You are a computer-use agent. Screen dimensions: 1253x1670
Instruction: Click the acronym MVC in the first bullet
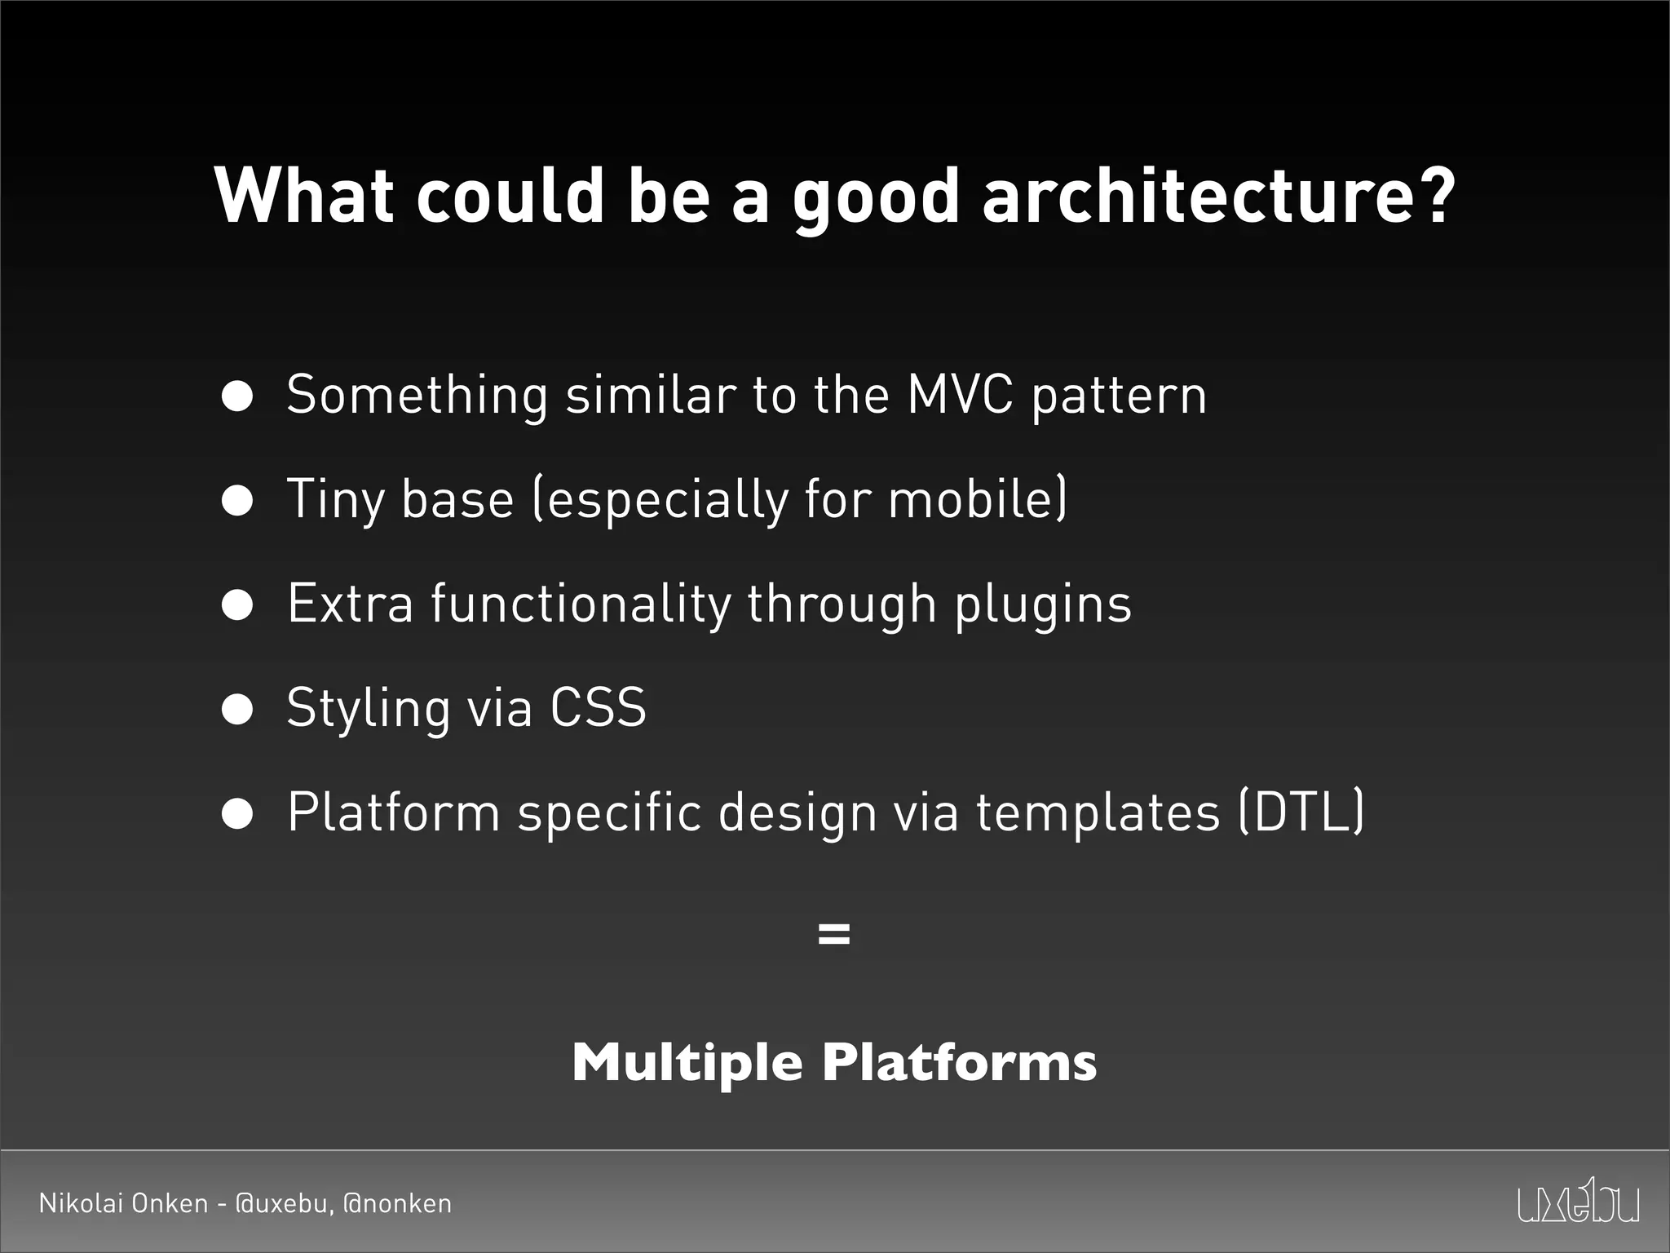960,396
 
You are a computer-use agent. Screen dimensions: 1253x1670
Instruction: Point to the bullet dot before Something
237,397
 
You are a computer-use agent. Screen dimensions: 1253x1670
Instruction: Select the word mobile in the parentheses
971,499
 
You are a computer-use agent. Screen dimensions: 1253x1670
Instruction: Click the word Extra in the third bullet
351,604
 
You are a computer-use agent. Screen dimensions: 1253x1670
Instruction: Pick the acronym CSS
598,707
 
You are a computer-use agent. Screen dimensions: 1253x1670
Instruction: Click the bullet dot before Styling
237,710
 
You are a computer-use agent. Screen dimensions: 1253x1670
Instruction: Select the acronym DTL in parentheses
1301,812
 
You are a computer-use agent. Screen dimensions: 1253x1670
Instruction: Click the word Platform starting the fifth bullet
394,812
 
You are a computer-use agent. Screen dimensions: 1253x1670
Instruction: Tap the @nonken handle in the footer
397,1204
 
